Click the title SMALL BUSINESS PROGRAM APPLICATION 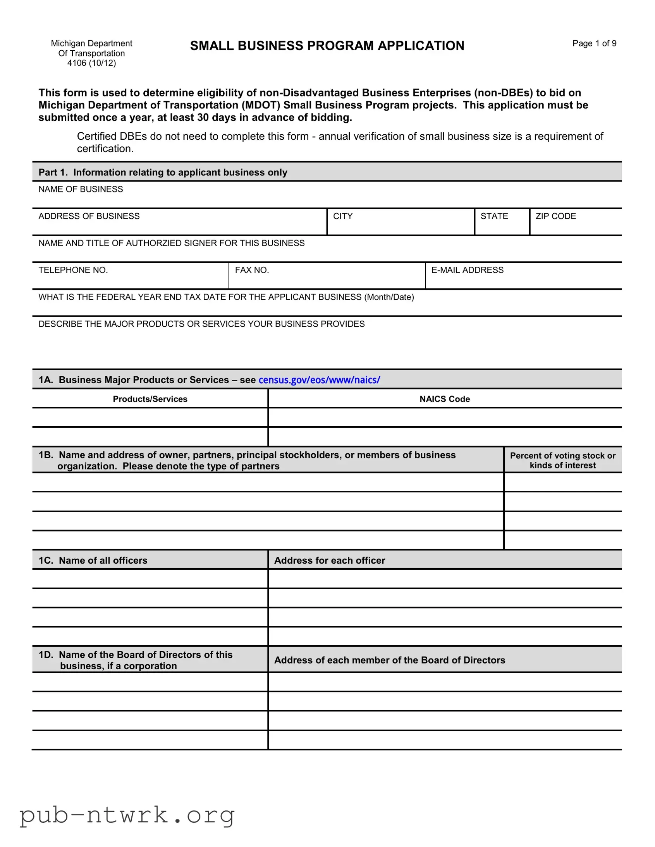pos(327,46)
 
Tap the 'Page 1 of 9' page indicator pos(594,43)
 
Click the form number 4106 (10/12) pos(91,63)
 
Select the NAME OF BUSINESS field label pos(81,189)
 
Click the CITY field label pos(343,216)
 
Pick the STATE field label pos(494,216)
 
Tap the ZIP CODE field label pos(555,216)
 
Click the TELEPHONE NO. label pos(73,270)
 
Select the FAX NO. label pos(252,270)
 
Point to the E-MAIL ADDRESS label pos(467,270)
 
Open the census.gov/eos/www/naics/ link pos(319,380)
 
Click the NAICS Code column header pos(444,399)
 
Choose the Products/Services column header pos(150,399)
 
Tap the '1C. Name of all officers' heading pos(93,561)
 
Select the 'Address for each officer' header pos(330,561)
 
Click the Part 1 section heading pos(163,173)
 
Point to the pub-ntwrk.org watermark pos(127,815)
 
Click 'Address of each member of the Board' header pos(390,660)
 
